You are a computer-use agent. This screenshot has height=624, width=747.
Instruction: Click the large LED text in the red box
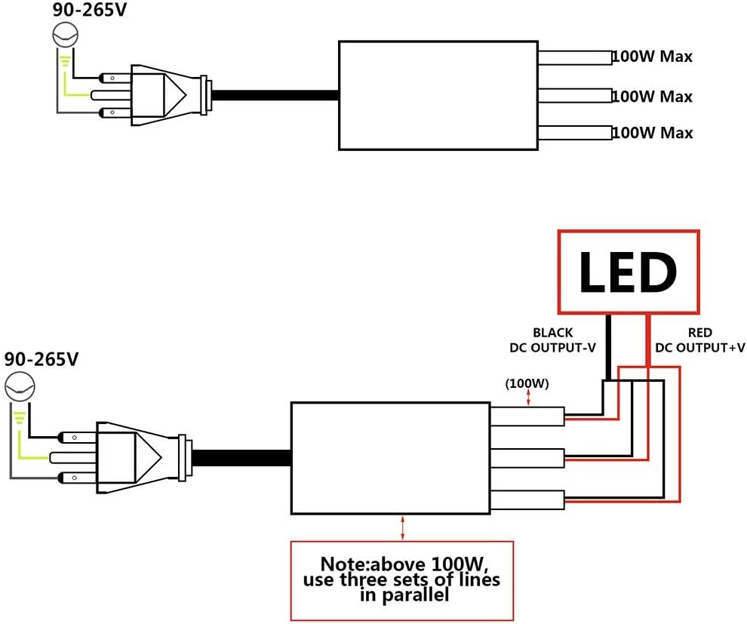628,272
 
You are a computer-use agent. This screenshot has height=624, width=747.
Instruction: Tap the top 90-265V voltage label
90,10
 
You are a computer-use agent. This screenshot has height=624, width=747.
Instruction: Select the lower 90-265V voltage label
41,359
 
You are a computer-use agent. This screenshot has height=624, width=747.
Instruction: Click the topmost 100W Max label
652,56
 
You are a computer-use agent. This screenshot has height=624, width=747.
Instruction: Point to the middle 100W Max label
652,97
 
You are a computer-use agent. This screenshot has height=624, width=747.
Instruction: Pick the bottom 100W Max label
652,133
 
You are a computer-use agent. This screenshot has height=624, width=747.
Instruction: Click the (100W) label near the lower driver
527,383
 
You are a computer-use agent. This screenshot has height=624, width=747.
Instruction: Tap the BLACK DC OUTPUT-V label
552,340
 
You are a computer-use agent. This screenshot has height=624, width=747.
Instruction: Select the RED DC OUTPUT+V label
699,340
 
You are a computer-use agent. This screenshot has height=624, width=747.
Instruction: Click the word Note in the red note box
342,564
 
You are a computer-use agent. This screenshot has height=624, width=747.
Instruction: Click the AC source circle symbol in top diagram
65,34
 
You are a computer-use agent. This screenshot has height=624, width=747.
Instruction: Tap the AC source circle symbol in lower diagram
20,386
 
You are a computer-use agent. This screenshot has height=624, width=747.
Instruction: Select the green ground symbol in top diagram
65,61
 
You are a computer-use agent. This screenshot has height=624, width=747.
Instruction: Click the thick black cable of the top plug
275,95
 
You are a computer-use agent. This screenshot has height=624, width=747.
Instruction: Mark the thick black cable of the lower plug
241,458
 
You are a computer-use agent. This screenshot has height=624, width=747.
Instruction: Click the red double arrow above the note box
403,527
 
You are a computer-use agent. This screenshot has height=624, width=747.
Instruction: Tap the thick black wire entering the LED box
607,347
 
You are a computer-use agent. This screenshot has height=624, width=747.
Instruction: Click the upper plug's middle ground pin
110,95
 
